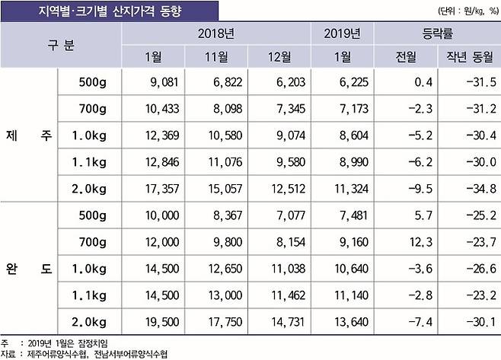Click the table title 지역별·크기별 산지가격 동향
[x=110, y=11]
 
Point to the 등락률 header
[x=437, y=33]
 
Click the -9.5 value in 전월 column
[x=407, y=188]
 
